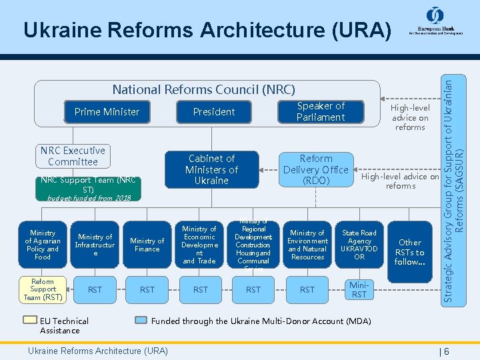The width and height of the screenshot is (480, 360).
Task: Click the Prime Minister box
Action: pyautogui.click(x=107, y=112)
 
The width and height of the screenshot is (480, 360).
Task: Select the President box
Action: pyautogui.click(x=214, y=112)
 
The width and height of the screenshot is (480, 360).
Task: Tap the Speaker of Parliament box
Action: pyautogui.click(x=321, y=112)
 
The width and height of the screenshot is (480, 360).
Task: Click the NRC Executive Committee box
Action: pyautogui.click(x=73, y=156)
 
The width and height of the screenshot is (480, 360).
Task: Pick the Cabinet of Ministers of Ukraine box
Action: pyautogui.click(x=211, y=169)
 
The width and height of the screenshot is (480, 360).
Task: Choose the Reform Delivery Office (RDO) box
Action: pyautogui.click(x=316, y=169)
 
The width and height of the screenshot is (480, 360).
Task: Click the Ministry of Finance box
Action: pyautogui.click(x=147, y=245)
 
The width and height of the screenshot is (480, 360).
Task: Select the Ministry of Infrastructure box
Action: pyautogui.click(x=95, y=245)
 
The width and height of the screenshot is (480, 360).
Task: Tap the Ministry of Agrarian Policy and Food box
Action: pyautogui.click(x=43, y=245)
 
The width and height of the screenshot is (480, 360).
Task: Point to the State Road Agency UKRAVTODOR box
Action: pyautogui.click(x=359, y=245)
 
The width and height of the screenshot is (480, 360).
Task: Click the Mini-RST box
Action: pyautogui.click(x=359, y=289)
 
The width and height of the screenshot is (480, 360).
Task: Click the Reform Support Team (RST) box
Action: pyautogui.click(x=43, y=289)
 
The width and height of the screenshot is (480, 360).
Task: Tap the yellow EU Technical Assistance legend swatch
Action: pyautogui.click(x=29, y=320)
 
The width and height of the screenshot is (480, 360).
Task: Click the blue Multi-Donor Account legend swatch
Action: pyautogui.click(x=140, y=320)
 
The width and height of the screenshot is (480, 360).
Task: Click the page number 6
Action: pyautogui.click(x=446, y=351)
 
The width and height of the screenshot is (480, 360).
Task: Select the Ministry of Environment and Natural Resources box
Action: pyautogui.click(x=307, y=245)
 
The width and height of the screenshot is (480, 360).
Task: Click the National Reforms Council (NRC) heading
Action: pyautogui.click(x=203, y=89)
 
